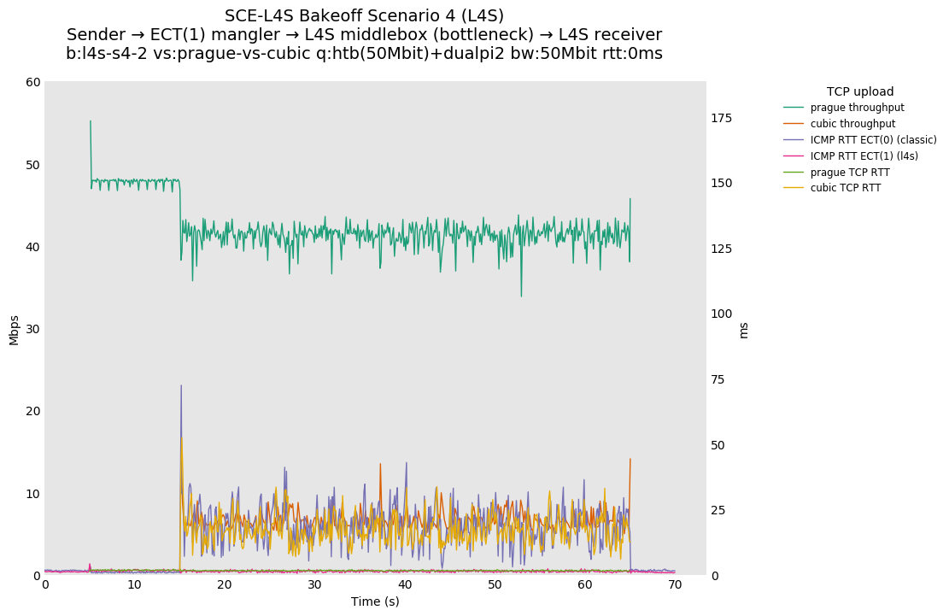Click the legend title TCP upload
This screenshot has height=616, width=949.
859,91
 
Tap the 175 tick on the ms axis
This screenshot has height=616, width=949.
721,118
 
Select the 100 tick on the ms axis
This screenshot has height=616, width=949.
721,314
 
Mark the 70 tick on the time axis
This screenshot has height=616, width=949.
675,585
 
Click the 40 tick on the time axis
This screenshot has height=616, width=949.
405,585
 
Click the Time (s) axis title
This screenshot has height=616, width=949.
375,601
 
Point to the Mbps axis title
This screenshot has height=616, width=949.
14,329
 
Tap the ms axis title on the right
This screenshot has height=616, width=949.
743,329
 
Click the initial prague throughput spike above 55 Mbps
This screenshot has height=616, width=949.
91,121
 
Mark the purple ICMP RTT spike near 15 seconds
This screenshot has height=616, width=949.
181,386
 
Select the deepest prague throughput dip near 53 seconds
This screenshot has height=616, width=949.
521,296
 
